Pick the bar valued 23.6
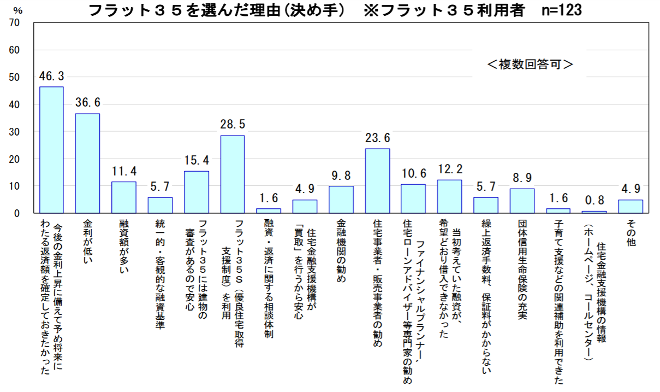coord(377,180)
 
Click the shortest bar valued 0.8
coord(594,212)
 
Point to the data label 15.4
coord(196,161)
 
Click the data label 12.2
coord(450,169)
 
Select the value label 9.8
coord(341,176)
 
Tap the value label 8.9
coord(522,178)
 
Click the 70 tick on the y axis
coord(15,23)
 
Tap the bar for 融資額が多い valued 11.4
coord(124,197)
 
